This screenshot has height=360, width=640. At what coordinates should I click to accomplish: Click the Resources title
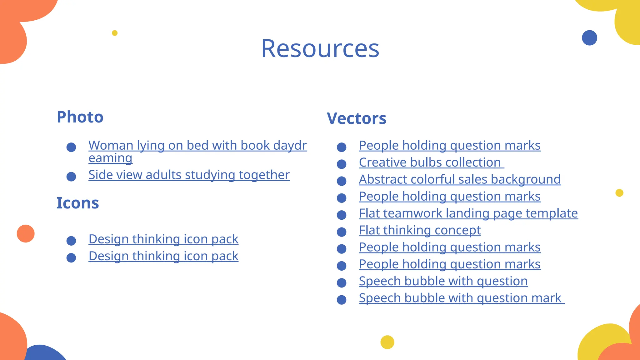320,49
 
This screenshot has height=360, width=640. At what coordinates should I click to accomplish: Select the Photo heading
80,117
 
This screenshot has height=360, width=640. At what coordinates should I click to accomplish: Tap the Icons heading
77,203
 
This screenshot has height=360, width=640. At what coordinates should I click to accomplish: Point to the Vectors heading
357,119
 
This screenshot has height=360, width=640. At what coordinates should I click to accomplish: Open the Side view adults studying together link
189,175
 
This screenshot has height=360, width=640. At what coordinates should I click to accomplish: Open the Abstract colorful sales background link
460,179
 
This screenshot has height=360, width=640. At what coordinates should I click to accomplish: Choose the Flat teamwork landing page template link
468,213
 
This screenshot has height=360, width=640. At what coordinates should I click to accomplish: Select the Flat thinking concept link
420,230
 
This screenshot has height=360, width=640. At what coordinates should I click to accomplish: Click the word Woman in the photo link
111,145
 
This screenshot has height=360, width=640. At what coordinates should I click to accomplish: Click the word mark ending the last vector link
546,298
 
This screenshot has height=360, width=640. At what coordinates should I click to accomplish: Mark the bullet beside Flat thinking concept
342,232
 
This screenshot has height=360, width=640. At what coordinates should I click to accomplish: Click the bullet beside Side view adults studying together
71,177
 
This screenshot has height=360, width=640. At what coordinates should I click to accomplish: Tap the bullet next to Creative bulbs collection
342,164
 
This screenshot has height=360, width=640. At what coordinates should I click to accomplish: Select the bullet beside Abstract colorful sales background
342,181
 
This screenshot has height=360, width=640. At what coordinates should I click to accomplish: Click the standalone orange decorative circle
26,233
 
